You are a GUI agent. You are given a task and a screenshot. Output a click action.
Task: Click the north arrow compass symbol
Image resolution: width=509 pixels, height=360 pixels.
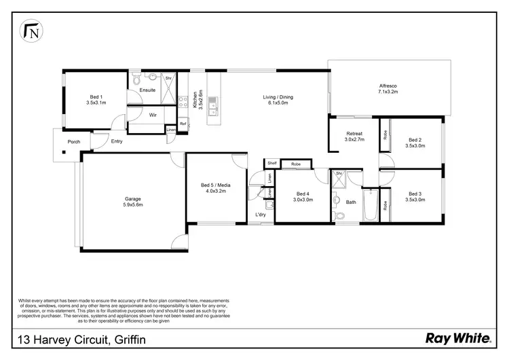[31, 31]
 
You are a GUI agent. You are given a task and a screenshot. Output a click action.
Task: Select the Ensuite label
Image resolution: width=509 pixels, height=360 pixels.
[147, 90]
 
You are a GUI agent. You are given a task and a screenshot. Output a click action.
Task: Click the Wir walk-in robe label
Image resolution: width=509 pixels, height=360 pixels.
[153, 115]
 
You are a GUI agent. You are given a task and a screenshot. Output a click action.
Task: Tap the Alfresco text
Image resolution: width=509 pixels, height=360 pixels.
[388, 89]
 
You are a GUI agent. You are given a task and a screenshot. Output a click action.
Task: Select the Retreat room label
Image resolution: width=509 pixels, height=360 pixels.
[354, 137]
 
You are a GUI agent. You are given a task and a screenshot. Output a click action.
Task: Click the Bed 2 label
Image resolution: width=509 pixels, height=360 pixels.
[415, 141]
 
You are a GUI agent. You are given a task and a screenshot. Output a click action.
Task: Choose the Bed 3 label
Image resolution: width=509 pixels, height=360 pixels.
[415, 196]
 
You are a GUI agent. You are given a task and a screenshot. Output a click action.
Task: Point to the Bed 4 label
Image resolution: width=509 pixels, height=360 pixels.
[301, 196]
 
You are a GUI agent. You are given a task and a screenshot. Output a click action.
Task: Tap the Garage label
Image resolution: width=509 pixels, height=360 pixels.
[132, 202]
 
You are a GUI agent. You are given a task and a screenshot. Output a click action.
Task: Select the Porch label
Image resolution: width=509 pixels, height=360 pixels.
[73, 142]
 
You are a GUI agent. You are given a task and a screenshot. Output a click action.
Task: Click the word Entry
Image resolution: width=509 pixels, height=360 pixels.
[117, 142]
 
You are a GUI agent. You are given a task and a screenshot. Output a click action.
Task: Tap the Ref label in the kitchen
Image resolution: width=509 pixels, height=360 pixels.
[183, 124]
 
